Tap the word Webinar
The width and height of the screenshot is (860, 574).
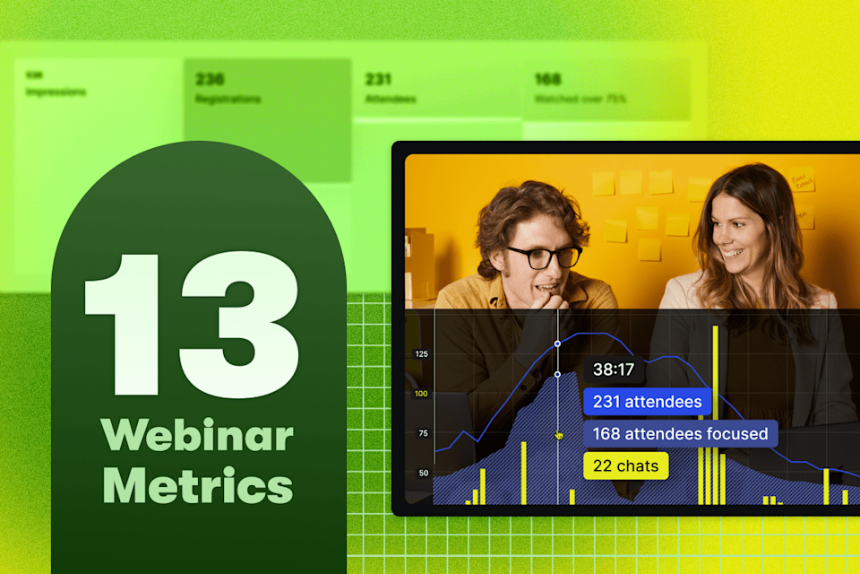197,436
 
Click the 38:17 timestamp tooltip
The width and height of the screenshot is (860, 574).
614,370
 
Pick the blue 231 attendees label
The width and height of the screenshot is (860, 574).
647,402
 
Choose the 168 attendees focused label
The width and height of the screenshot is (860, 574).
680,434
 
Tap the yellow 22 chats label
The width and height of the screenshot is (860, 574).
625,465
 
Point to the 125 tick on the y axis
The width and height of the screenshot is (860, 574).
421,354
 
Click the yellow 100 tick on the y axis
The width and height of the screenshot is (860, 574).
421,394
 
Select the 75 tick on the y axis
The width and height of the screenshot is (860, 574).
421,433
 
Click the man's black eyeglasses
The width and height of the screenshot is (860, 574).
544,257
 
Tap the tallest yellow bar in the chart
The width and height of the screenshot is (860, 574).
715,413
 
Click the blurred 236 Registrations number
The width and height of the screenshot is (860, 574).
210,80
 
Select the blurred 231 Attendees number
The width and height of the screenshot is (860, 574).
378,80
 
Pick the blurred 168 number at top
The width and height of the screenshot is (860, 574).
547,80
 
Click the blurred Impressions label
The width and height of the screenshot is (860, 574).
56,92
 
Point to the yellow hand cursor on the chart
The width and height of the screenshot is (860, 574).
559,435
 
